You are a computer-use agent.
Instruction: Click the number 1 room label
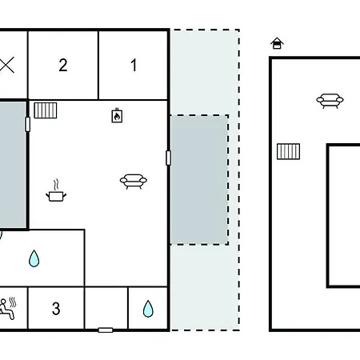pos(134,66)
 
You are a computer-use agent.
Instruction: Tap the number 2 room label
pos(63,65)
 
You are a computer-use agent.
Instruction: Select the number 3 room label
pos(56,309)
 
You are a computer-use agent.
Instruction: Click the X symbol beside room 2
pos(6,65)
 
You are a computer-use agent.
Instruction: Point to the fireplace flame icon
pos(117,116)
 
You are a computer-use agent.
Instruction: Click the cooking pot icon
pos(56,196)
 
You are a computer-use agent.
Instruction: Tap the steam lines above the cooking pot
pos(56,185)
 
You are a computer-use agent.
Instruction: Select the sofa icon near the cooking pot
pos(134,182)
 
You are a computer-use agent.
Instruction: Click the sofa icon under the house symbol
pos(330,101)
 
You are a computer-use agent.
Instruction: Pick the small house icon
pos(277,43)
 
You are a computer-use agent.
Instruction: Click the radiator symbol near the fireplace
pos(46,110)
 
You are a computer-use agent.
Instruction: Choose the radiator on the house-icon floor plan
pos(288,151)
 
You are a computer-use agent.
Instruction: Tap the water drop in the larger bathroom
pos(34,258)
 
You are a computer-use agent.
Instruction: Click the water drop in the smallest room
pos(148,309)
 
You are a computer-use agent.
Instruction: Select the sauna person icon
pos(8,309)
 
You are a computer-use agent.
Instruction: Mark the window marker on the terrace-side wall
pos(168,158)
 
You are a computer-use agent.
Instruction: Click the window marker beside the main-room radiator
pos(27,124)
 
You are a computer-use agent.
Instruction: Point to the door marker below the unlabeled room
pos(106,330)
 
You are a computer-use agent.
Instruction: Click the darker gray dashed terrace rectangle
pos(199,180)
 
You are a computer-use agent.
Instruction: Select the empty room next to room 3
pos(106,308)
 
